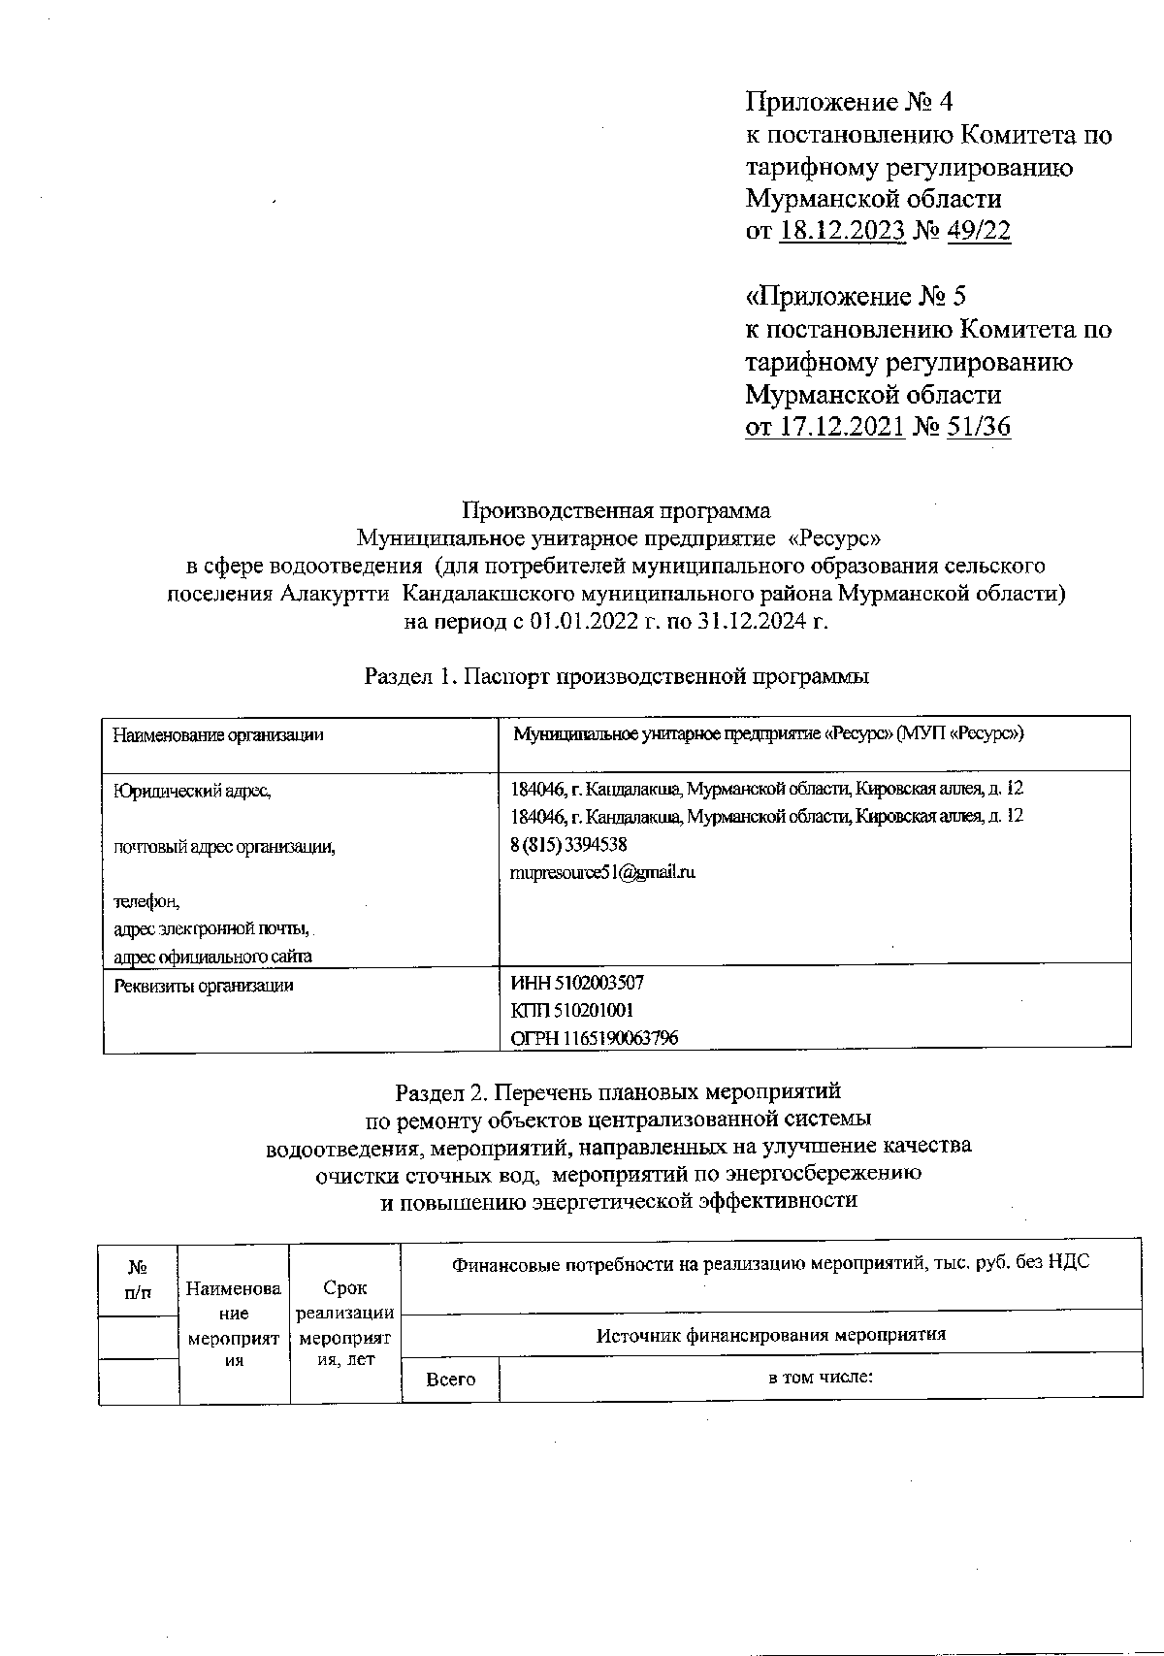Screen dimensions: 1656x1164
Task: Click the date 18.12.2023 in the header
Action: [x=841, y=231]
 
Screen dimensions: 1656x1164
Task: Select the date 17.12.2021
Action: [x=841, y=425]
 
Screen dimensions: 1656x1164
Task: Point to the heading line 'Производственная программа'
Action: [x=616, y=510]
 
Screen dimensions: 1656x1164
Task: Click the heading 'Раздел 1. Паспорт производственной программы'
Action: [x=616, y=676]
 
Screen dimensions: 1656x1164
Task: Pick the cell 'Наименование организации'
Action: [x=218, y=735]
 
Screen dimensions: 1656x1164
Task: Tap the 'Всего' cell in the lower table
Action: [x=451, y=1379]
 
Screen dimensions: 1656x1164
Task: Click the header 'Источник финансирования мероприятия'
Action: [x=770, y=1334]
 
